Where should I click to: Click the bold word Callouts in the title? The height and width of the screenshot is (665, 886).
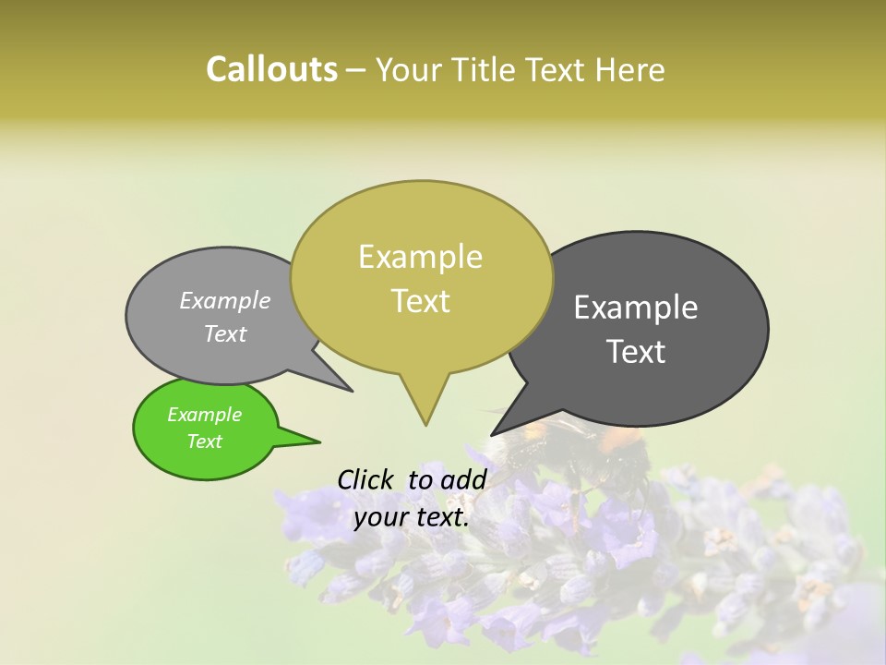click(271, 70)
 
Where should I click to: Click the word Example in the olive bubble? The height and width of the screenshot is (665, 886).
click(420, 257)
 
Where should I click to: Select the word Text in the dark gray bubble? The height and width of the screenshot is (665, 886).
click(636, 351)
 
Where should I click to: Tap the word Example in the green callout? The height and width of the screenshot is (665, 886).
click(204, 415)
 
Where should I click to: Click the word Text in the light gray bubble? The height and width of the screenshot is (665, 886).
click(224, 333)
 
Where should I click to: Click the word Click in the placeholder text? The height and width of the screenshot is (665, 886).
click(366, 479)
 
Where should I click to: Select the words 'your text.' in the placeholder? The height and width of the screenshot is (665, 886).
click(412, 517)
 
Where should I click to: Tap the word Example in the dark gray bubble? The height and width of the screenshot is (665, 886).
click(636, 307)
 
